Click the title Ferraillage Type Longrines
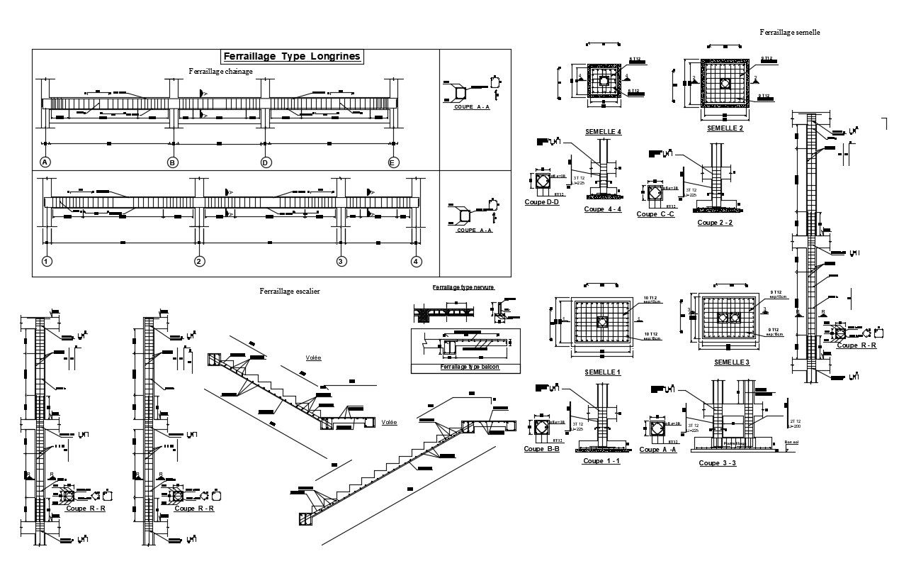coord(292,57)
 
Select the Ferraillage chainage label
coord(220,71)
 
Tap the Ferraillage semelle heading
coord(789,32)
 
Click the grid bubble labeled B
coord(172,162)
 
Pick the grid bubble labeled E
coord(394,162)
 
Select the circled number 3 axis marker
coord(341,262)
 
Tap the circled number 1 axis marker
coord(47,262)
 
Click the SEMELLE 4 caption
coord(604,132)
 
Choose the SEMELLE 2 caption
coord(725,128)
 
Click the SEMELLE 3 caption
coord(732,362)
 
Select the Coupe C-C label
coord(655,213)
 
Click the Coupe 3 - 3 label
coord(718,463)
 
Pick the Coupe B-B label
coord(541,448)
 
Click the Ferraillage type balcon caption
coord(465,367)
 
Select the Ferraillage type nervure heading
coord(463,287)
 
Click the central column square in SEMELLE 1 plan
coord(601,323)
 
